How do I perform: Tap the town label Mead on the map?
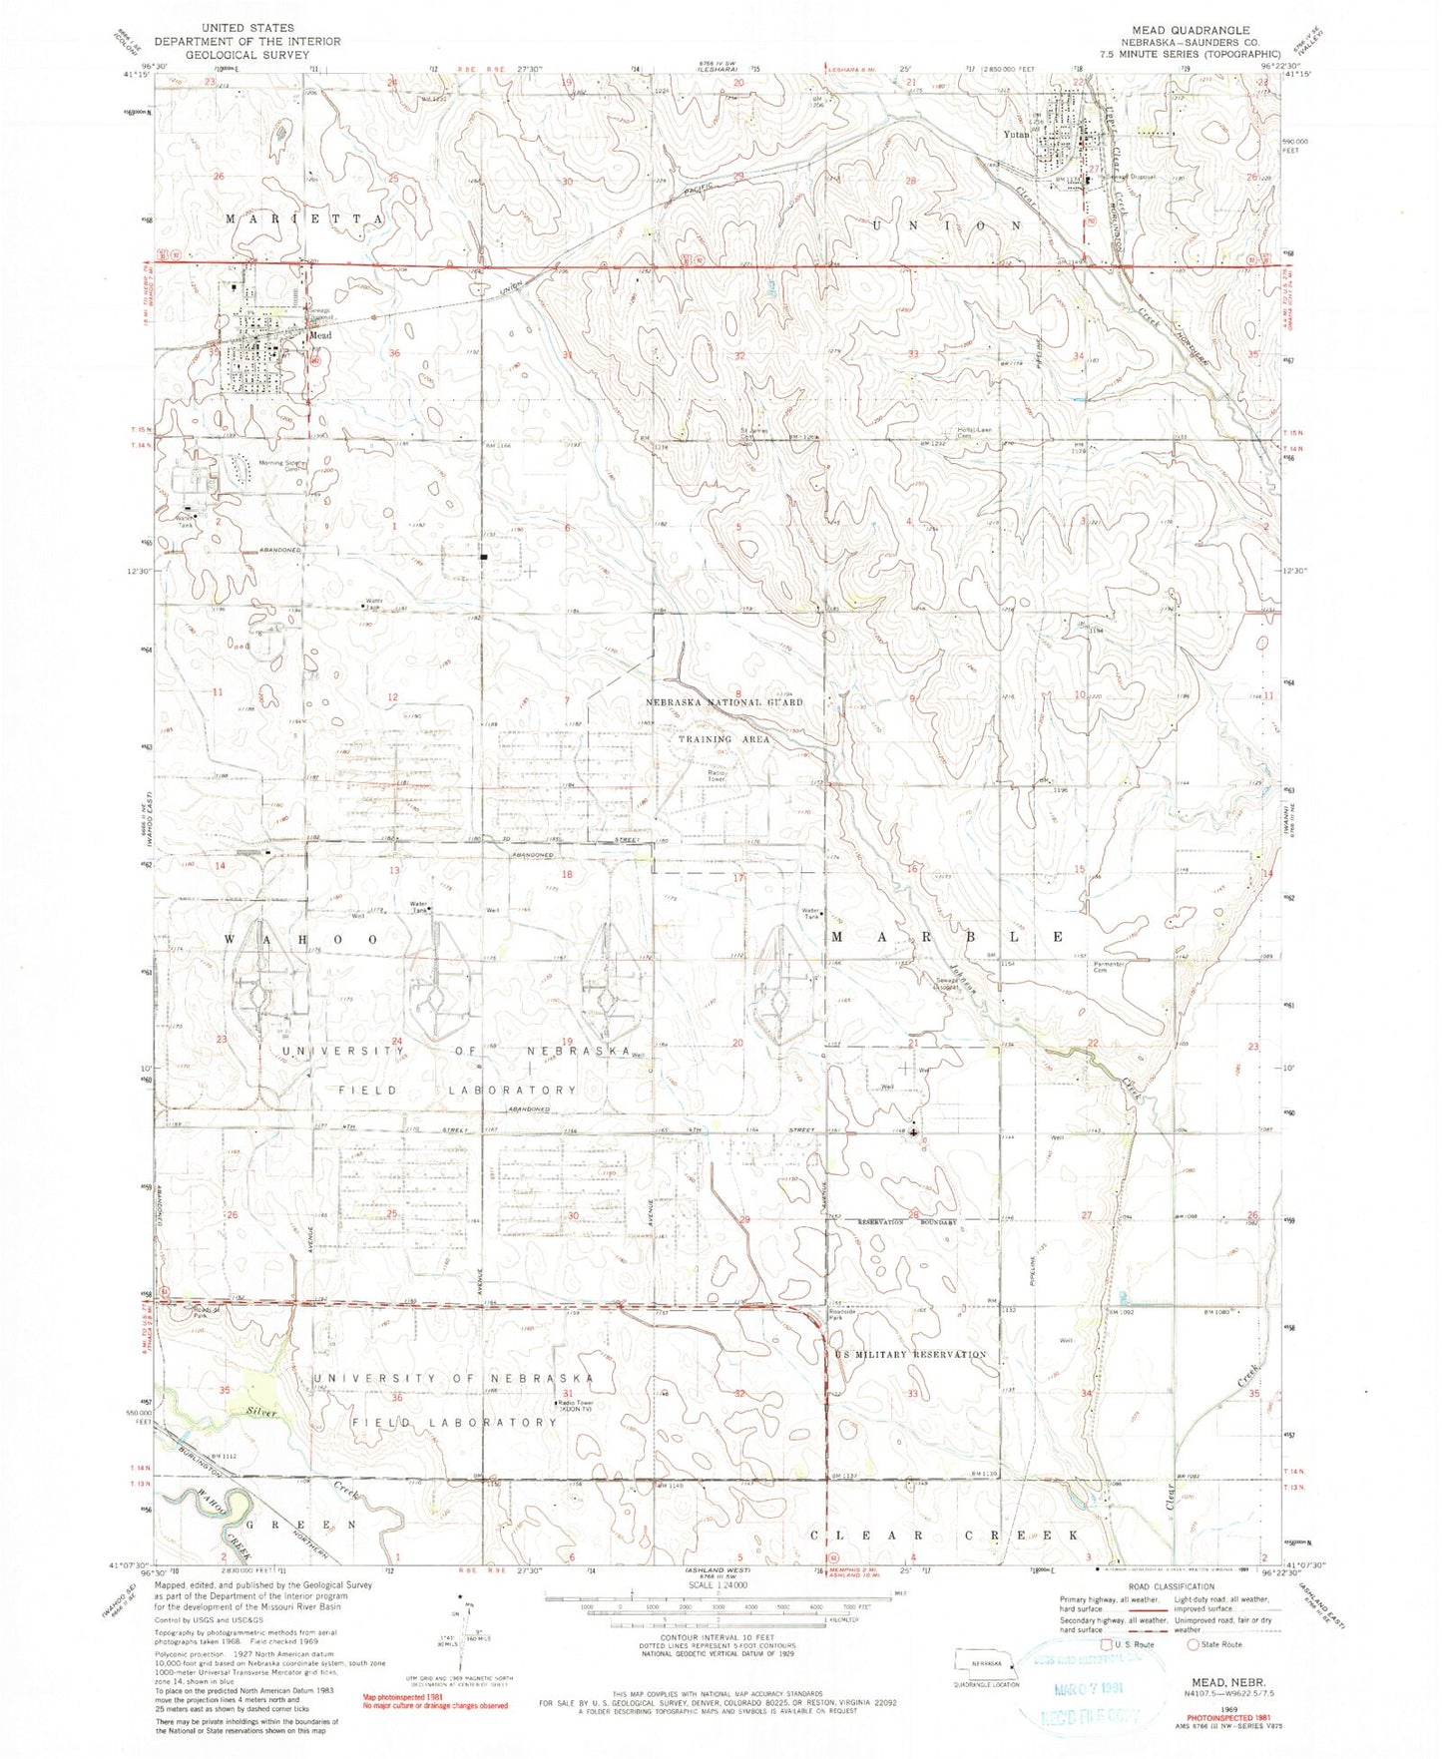(x=319, y=336)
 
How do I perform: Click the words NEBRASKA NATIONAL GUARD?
(x=725, y=702)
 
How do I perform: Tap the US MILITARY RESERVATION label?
(x=909, y=1354)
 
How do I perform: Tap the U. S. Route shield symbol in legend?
(x=1105, y=1644)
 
